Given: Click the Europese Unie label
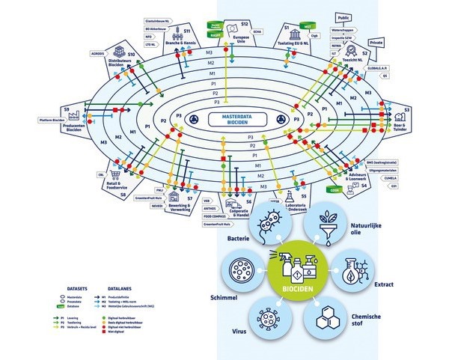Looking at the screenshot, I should [x=241, y=38].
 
